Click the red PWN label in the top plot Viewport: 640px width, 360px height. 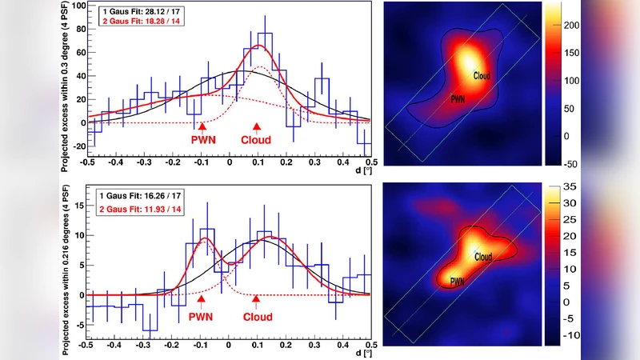click(x=202, y=139)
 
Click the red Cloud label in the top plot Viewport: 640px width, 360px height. click(x=256, y=139)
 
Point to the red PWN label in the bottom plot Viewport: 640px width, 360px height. click(x=202, y=317)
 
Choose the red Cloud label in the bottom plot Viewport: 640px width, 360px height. click(x=256, y=317)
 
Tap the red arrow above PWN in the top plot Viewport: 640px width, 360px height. click(x=202, y=126)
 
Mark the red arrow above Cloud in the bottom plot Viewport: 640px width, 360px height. click(x=256, y=300)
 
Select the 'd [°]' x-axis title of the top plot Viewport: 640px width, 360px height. click(x=361, y=170)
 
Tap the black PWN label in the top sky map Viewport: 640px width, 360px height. click(x=458, y=100)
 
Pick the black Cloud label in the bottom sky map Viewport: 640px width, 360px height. click(x=482, y=257)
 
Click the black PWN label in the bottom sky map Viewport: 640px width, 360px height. click(x=458, y=282)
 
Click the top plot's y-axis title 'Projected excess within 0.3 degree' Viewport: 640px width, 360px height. click(x=66, y=88)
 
